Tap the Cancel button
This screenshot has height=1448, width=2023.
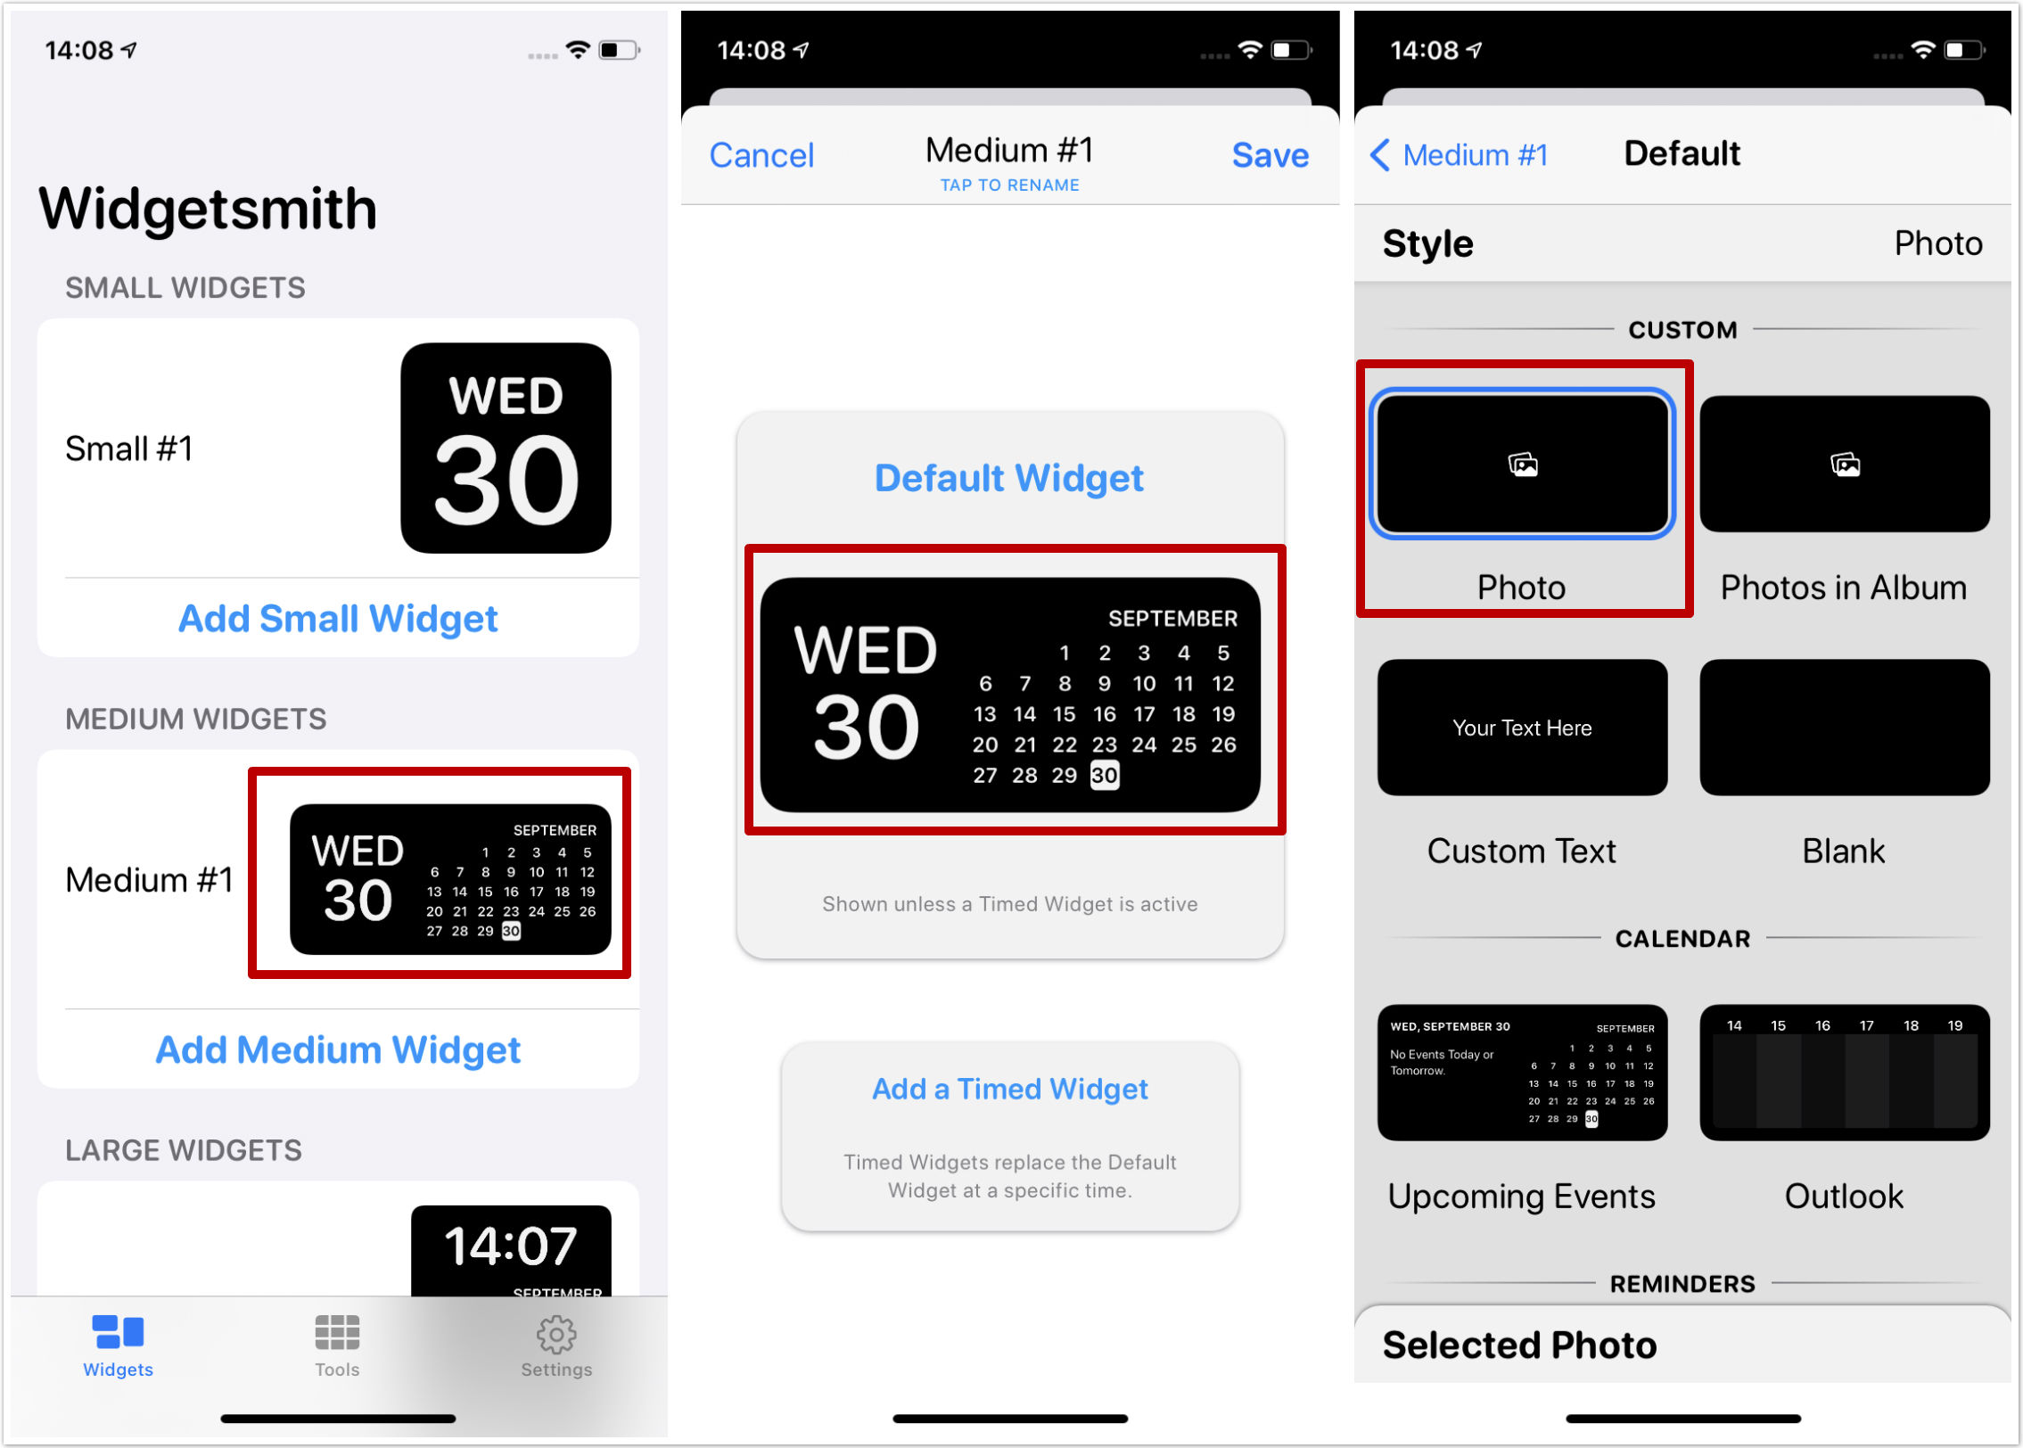coord(761,155)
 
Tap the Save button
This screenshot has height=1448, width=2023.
coord(1270,155)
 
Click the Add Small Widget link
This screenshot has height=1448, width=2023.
coord(338,618)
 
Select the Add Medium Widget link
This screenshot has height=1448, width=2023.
coord(338,1049)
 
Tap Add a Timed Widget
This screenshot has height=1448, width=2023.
coord(1009,1089)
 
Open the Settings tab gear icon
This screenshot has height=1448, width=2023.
coord(556,1334)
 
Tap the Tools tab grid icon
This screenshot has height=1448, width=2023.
coord(337,1332)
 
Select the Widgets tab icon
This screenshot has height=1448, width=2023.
coord(118,1332)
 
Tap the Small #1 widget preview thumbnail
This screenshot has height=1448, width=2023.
coord(506,448)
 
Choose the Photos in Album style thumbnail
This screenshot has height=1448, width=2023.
coord(1844,464)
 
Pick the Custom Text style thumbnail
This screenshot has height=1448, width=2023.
coord(1522,728)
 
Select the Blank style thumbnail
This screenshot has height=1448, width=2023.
coord(1844,728)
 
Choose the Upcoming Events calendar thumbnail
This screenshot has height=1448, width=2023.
coord(1522,1073)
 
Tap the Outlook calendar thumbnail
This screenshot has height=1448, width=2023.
coord(1844,1073)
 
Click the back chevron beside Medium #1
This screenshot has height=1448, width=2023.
coord(1379,154)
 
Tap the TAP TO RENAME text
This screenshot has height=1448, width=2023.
coord(1009,185)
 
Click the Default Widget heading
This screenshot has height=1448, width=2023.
coord(1009,478)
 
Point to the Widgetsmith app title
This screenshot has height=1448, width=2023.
coord(208,209)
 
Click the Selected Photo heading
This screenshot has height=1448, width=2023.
coord(1519,1345)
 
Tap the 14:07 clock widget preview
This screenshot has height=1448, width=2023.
coord(511,1250)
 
